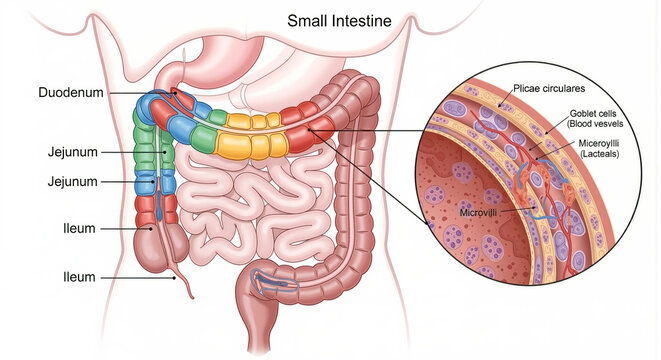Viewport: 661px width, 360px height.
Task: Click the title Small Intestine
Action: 339,21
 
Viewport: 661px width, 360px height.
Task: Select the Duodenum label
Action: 71,92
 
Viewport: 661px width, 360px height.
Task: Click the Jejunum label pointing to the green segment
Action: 73,152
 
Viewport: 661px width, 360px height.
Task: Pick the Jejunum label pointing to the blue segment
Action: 73,182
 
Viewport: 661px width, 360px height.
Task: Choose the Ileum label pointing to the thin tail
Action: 79,277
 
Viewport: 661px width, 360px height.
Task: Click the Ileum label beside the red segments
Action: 79,228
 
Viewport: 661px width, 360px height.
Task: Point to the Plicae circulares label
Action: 549,89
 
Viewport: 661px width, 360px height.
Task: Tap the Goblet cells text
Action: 593,113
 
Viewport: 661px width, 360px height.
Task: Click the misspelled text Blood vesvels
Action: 595,124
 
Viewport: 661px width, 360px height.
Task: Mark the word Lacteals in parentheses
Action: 600,154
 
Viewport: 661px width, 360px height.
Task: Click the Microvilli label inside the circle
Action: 478,212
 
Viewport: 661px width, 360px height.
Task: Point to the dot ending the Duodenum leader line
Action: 172,93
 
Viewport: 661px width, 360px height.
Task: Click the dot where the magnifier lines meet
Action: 310,130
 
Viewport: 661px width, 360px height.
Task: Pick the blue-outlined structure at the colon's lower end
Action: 274,282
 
